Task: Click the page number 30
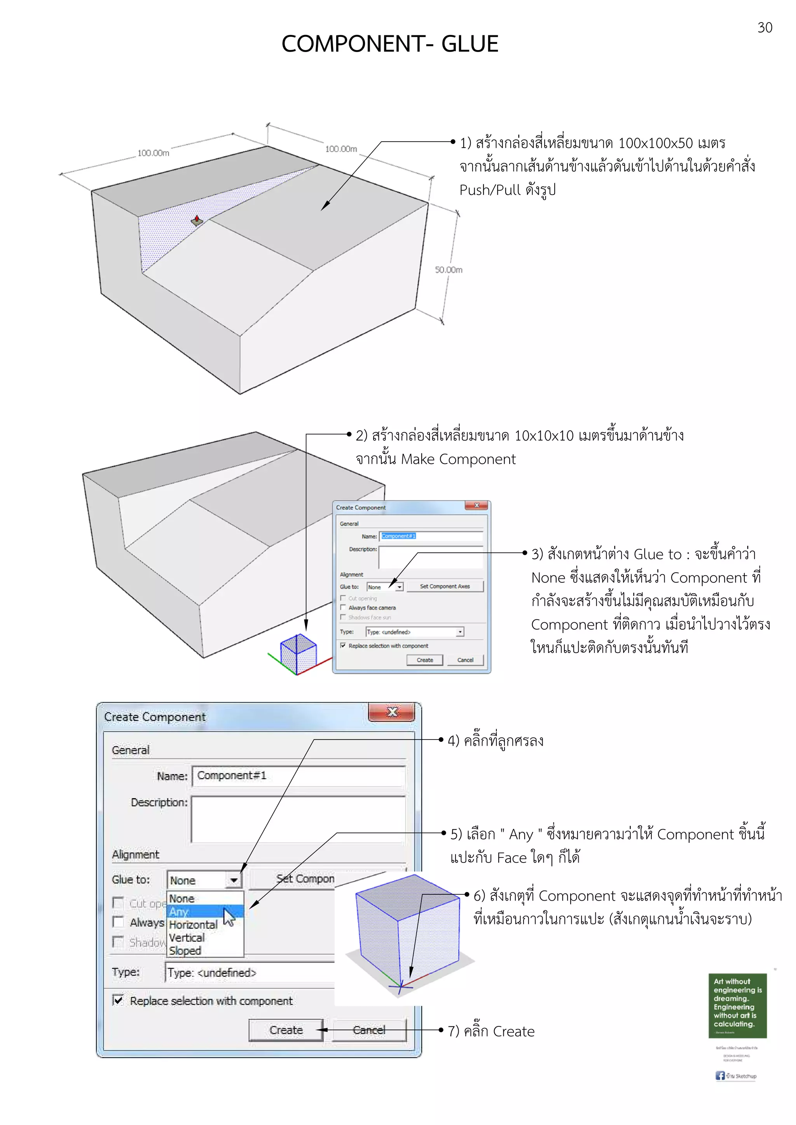tap(765, 28)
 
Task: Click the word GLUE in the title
tap(470, 44)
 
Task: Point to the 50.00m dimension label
tap(448, 270)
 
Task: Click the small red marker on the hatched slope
tap(197, 220)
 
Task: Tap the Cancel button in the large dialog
tap(369, 1030)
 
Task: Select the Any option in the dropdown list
tap(180, 912)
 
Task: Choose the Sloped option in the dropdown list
tap(185, 951)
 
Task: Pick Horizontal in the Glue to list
tap(193, 925)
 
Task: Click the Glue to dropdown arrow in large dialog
tap(234, 880)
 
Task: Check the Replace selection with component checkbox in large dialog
tap(118, 1000)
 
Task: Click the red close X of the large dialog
tap(392, 712)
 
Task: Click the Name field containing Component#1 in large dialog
tap(298, 776)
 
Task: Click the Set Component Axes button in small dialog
tap(444, 587)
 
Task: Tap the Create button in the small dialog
tap(425, 660)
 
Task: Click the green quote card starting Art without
tap(737, 1005)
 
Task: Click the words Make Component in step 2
tap(458, 459)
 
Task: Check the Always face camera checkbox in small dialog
tap(343, 608)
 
